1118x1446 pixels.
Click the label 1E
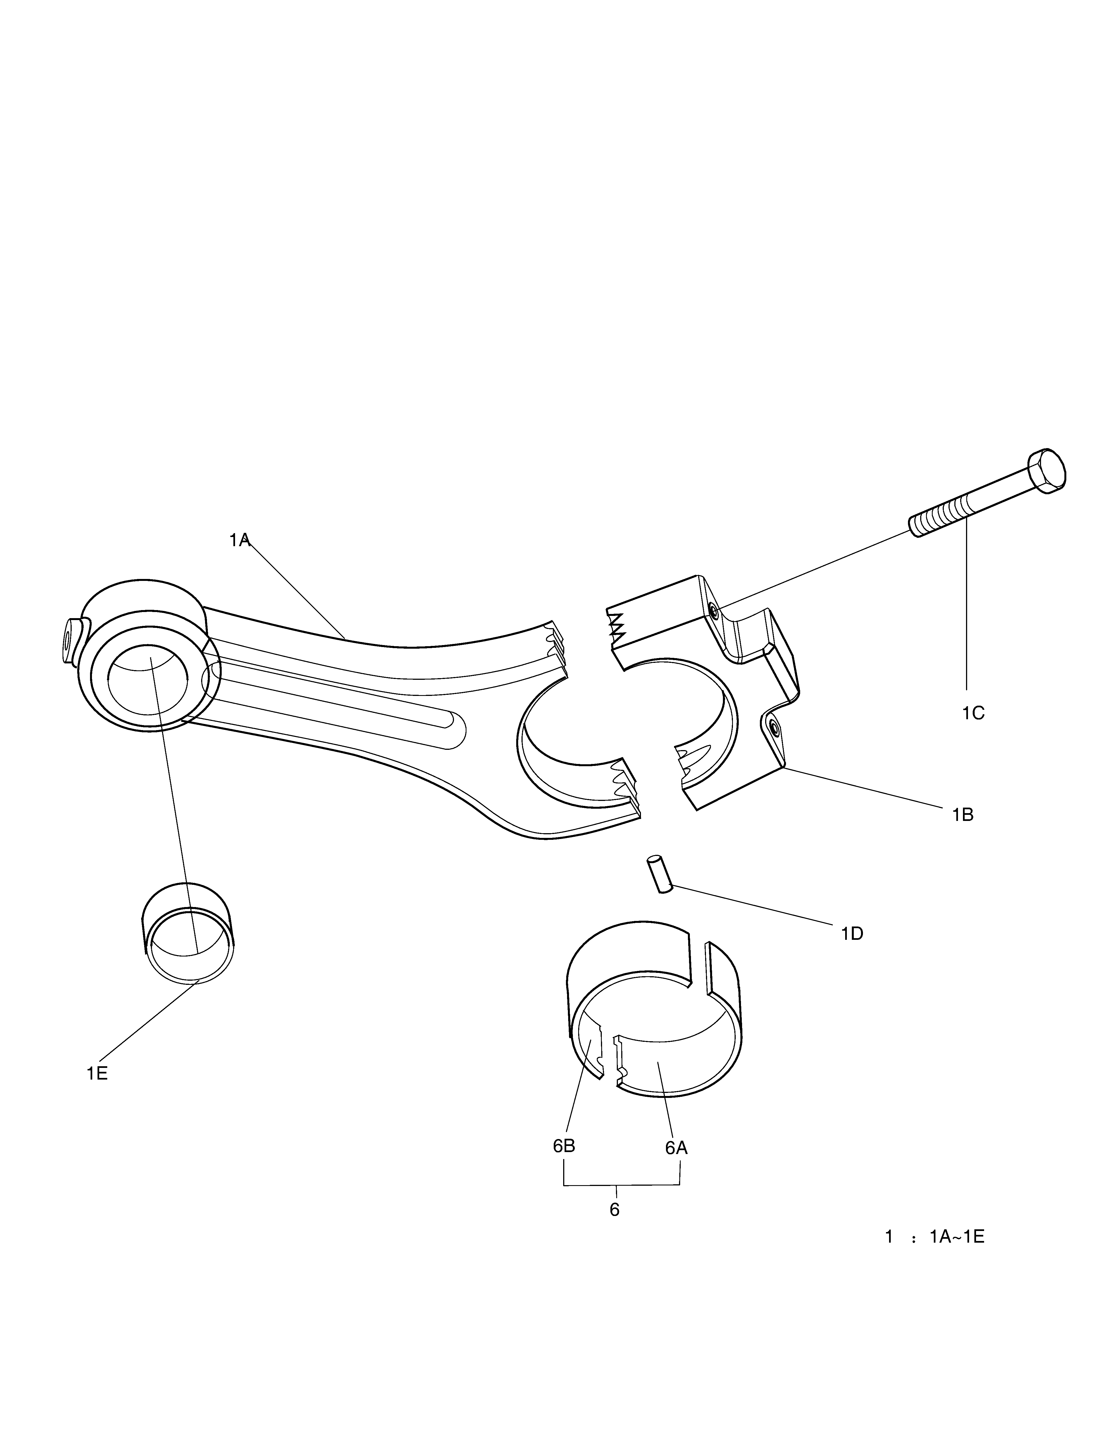(x=97, y=1073)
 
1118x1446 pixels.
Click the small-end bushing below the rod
(x=188, y=933)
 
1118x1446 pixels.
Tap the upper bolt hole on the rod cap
(x=713, y=610)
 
